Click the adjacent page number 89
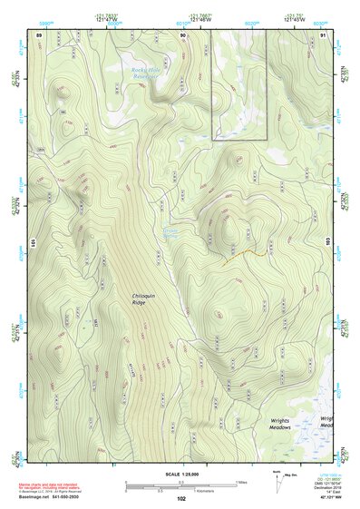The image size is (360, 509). [39, 34]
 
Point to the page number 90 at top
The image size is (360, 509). [182, 34]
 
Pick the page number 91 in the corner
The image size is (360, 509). [323, 34]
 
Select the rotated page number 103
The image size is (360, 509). [327, 243]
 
